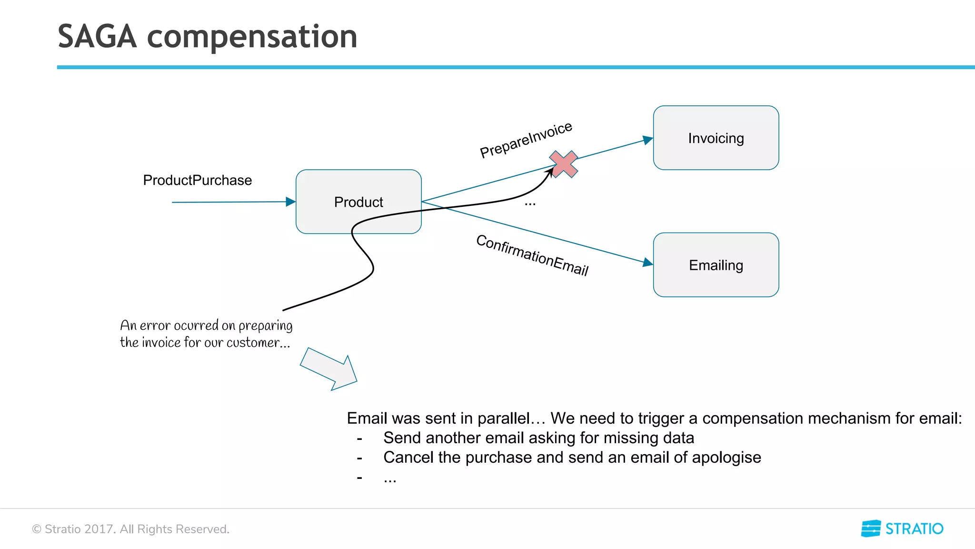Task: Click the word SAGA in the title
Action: pos(97,37)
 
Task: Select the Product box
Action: pos(358,202)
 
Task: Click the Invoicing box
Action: pos(716,138)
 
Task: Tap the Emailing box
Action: pos(716,265)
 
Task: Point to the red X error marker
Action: pos(563,164)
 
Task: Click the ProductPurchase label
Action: pos(197,180)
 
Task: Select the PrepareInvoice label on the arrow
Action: pos(526,140)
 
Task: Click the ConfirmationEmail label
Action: pos(532,255)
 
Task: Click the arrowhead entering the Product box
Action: pos(290,202)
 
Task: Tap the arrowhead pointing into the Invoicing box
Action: pos(647,140)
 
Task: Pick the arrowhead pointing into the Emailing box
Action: pos(647,262)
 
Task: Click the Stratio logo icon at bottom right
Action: pos(871,529)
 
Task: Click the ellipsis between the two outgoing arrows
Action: pos(530,204)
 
